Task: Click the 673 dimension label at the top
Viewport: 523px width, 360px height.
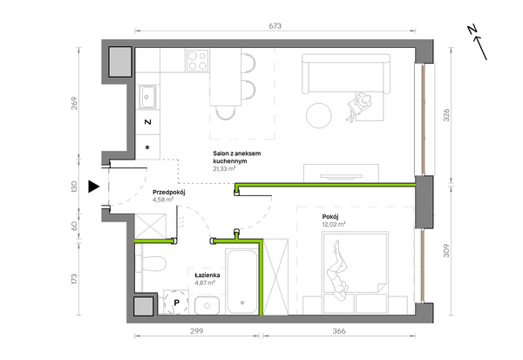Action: [275, 25]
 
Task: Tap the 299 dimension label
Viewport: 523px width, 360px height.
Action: [196, 331]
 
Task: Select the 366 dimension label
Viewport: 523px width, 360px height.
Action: [339, 331]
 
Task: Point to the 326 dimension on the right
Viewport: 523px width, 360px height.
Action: [446, 115]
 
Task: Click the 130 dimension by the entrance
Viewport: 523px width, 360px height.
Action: [74, 187]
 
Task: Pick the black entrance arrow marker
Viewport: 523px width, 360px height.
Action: [94, 187]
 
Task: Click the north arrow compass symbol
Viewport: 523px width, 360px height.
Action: [477, 42]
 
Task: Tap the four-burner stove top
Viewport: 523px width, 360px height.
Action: [197, 60]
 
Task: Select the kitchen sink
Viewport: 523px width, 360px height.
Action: [147, 97]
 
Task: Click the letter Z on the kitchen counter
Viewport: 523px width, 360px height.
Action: [148, 122]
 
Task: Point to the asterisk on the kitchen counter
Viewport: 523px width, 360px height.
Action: [147, 147]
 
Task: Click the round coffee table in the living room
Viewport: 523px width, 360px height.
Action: [319, 115]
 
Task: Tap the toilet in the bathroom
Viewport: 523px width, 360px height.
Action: [153, 263]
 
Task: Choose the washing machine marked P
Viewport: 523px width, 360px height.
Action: [176, 302]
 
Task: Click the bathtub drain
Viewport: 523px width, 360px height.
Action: [242, 302]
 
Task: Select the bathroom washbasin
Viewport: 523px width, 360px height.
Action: [207, 305]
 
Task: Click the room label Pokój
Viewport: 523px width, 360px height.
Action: [330, 217]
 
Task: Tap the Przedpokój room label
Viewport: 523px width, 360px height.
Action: [169, 193]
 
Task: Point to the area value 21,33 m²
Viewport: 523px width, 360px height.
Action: [225, 169]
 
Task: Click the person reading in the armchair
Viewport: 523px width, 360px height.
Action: [358, 106]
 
